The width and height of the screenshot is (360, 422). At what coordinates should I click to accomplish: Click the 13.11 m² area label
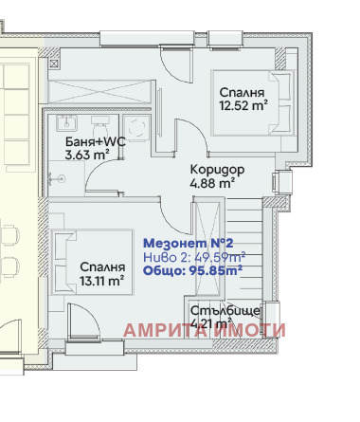pyautogui.click(x=101, y=280)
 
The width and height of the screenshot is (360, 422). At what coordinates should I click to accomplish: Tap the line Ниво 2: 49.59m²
pyautogui.click(x=194, y=256)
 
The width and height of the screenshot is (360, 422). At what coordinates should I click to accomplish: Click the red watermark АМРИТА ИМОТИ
pyautogui.click(x=205, y=330)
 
